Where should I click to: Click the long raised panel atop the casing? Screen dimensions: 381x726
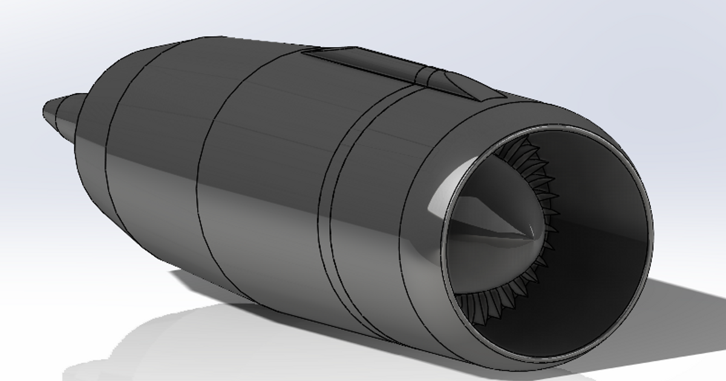coord(363,64)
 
